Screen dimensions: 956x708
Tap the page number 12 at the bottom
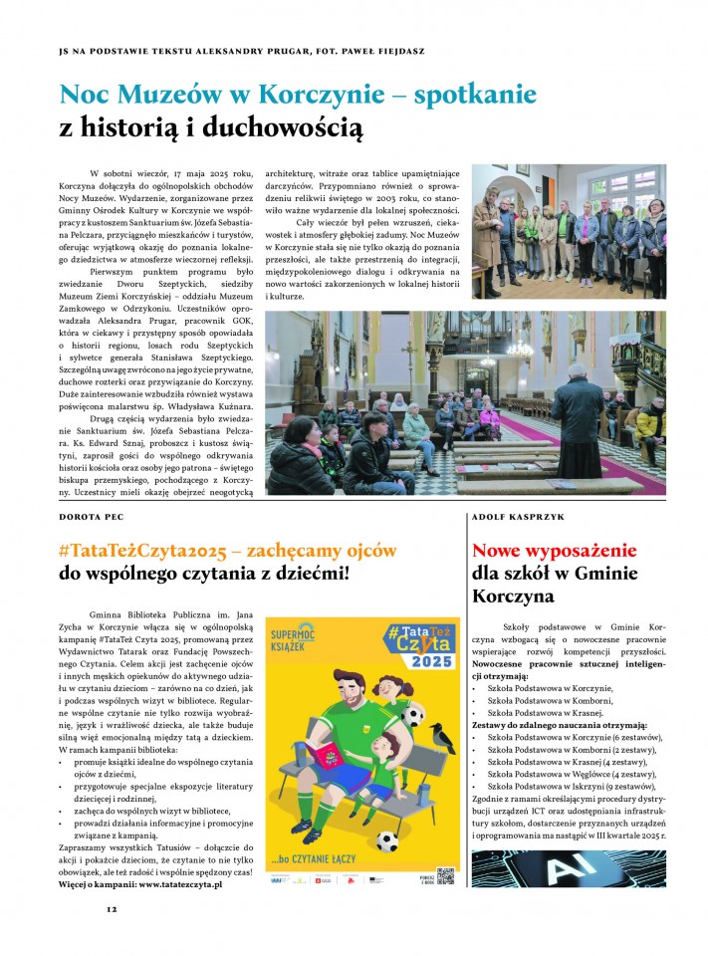(x=113, y=908)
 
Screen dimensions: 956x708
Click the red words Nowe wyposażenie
(x=554, y=551)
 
